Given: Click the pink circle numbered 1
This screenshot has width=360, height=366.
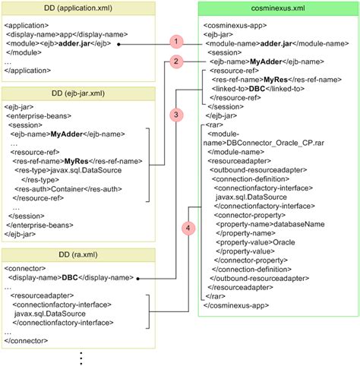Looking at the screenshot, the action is tap(176, 42).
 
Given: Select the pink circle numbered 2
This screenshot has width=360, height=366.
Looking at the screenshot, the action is tap(176, 62).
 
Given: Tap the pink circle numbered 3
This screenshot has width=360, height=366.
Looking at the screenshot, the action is tap(176, 115).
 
